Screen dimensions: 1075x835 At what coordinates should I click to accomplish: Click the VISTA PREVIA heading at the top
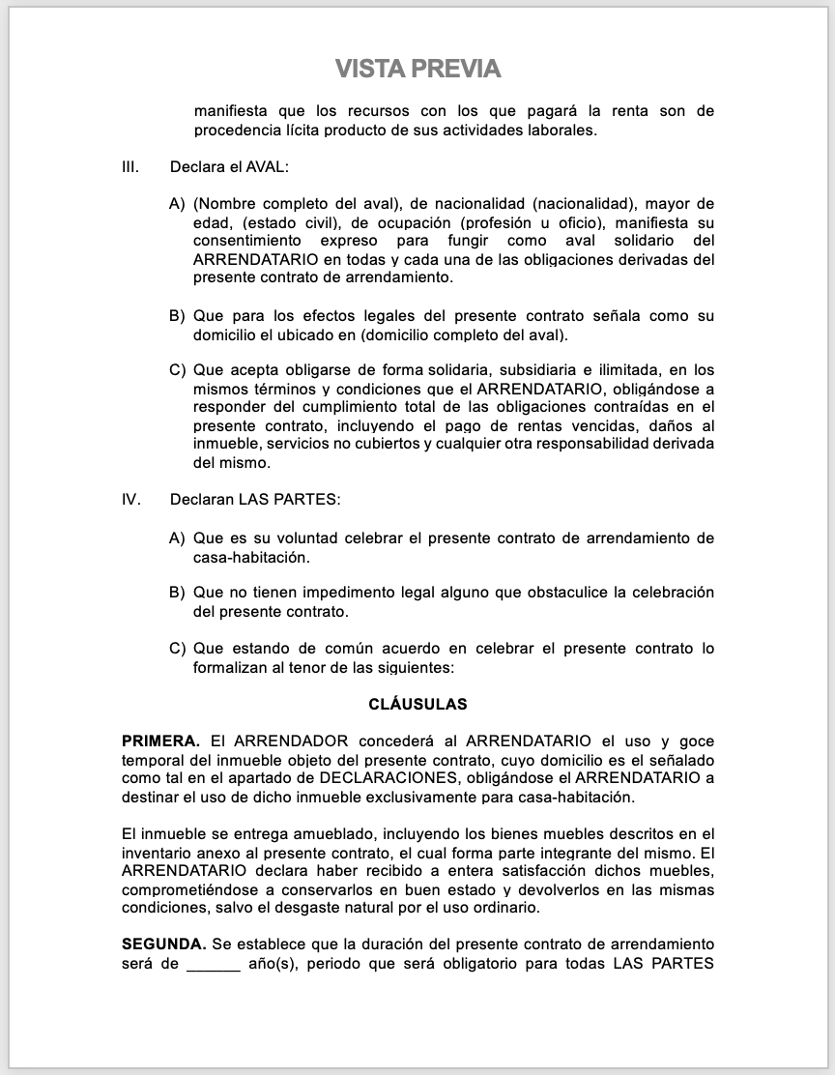pyautogui.click(x=417, y=69)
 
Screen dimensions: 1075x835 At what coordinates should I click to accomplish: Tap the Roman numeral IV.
pyautogui.click(x=131, y=501)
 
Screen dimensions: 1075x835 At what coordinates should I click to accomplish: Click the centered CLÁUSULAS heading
pyautogui.click(x=417, y=705)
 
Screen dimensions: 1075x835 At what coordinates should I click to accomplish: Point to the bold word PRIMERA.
pyautogui.click(x=160, y=741)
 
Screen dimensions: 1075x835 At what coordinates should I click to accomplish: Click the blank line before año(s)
pyautogui.click(x=213, y=963)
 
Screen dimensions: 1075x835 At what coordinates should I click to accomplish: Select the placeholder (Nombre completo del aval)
pyautogui.click(x=297, y=204)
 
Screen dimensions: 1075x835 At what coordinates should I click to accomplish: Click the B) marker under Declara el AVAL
pyautogui.click(x=177, y=316)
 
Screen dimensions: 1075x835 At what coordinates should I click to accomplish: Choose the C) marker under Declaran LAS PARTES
pyautogui.click(x=177, y=649)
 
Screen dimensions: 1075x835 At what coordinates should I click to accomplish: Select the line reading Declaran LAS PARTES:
pyautogui.click(x=254, y=501)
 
